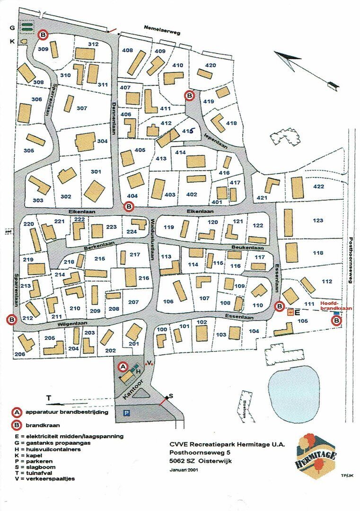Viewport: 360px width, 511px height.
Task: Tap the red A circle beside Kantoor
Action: point(122,366)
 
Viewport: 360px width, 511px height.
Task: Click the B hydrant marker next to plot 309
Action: point(43,34)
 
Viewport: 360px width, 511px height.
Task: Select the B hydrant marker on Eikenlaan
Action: point(128,206)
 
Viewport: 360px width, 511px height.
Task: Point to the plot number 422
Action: point(319,186)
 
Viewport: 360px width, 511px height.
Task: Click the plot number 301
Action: point(96,171)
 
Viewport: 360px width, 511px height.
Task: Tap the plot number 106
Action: point(168,301)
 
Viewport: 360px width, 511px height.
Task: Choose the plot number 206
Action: point(19,354)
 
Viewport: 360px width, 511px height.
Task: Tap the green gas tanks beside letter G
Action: point(27,27)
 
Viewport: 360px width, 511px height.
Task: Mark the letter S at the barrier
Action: point(171,396)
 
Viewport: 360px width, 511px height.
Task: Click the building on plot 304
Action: point(85,141)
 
